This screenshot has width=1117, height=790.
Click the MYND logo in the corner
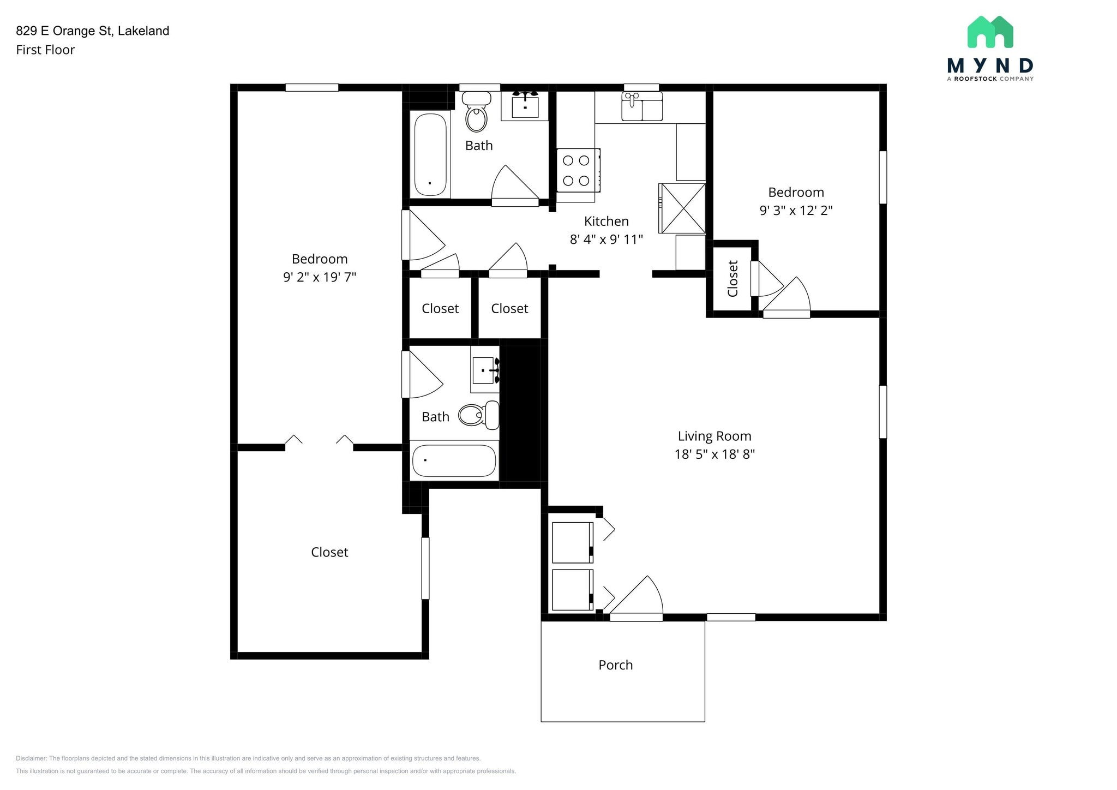point(990,48)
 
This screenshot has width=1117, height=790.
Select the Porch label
point(616,665)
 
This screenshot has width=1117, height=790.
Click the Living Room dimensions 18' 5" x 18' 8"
point(714,454)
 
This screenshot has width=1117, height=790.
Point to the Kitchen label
point(606,221)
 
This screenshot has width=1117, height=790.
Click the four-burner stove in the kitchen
point(578,170)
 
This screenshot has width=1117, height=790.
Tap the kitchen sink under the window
point(642,106)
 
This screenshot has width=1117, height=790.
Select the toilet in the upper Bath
point(477,112)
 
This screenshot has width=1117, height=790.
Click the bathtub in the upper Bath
point(430,154)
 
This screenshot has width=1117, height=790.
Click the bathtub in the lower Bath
point(454,460)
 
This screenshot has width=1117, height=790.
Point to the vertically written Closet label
point(732,278)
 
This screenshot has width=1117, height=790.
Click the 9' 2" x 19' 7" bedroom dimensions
point(320,277)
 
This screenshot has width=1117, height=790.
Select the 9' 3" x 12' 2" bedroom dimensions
point(796,210)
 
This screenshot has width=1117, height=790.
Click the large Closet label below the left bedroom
point(329,552)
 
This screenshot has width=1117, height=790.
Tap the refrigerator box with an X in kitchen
point(682,208)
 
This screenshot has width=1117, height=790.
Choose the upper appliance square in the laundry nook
point(573,542)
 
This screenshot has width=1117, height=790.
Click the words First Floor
point(45,50)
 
